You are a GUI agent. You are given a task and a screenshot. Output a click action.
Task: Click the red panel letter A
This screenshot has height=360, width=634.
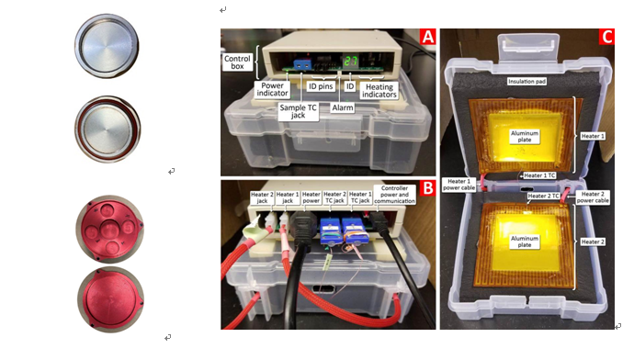pos(427,37)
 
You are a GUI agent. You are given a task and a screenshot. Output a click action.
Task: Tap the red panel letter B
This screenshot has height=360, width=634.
pos(427,188)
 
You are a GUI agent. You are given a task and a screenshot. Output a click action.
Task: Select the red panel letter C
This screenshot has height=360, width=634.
pos(606,37)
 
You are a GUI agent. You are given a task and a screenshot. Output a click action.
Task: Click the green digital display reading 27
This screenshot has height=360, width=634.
pos(351,62)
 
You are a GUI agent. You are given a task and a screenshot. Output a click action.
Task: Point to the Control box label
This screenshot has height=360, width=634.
pos(237,62)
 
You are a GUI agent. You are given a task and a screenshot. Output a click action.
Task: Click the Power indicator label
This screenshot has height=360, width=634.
pos(272,89)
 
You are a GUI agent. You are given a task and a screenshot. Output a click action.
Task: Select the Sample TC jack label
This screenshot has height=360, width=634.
pos(298,111)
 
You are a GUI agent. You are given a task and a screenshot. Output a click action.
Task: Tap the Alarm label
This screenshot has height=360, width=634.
pos(343,107)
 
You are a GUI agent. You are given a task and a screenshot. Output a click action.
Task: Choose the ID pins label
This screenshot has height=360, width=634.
pos(321,86)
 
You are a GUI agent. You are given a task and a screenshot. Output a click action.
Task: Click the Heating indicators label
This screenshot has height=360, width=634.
pos(379,91)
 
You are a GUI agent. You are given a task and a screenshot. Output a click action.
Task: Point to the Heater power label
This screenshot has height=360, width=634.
pos(311,197)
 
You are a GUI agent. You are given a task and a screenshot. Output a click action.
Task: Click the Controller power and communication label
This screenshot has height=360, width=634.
pos(394,195)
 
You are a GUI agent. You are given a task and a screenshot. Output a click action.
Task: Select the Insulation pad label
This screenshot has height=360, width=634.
pos(526,81)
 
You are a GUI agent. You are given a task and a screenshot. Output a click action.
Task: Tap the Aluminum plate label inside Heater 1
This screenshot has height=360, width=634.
pos(525,136)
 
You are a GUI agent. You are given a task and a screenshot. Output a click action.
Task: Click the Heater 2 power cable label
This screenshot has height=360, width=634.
pos(593,197)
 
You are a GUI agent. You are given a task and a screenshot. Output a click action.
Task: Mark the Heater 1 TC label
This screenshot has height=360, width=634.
pos(539,175)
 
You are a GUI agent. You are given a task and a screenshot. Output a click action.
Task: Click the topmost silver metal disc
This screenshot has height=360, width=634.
pos(107,46)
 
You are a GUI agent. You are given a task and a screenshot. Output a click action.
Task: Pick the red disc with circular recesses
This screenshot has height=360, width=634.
pos(109,229)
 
